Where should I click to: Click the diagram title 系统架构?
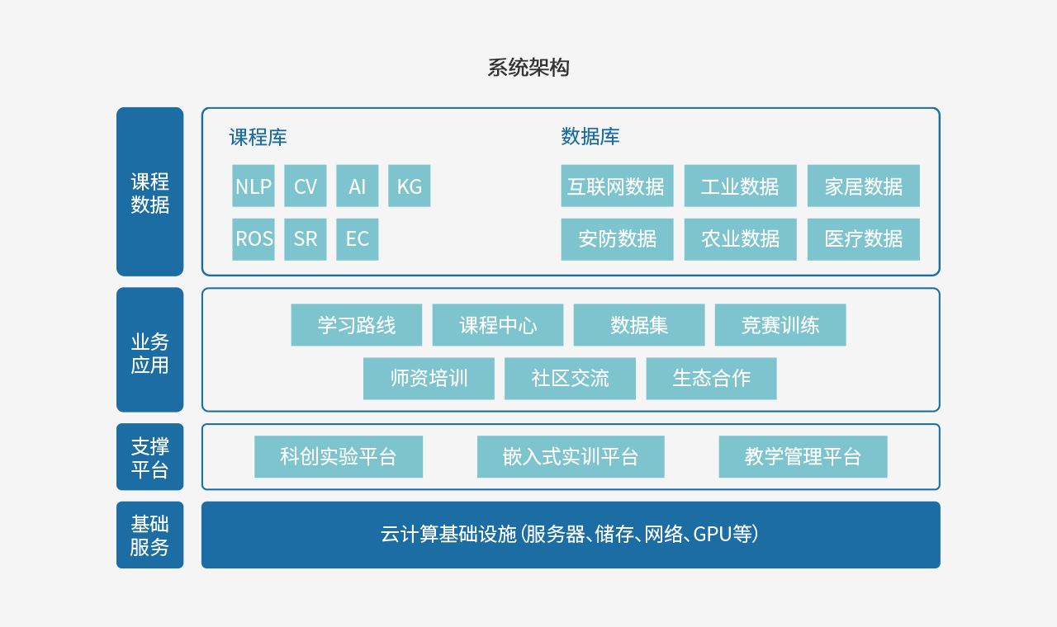528,68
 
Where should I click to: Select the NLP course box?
253,186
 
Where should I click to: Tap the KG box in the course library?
409,186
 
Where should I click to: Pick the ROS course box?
253,239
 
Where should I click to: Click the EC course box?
357,239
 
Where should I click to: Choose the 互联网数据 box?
617,186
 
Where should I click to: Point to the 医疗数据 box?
863,239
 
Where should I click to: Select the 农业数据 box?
740,239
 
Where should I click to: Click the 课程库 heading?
258,137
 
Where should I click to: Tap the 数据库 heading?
590,137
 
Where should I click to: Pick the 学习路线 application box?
356,325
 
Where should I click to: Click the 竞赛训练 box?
780,325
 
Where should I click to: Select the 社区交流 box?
570,379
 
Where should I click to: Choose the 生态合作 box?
711,379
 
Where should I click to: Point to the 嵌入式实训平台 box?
570,456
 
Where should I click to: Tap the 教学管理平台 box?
803,456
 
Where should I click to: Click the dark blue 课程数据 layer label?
149,191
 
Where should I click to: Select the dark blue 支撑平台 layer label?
149,457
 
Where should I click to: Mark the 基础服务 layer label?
149,535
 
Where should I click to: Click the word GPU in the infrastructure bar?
712,535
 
